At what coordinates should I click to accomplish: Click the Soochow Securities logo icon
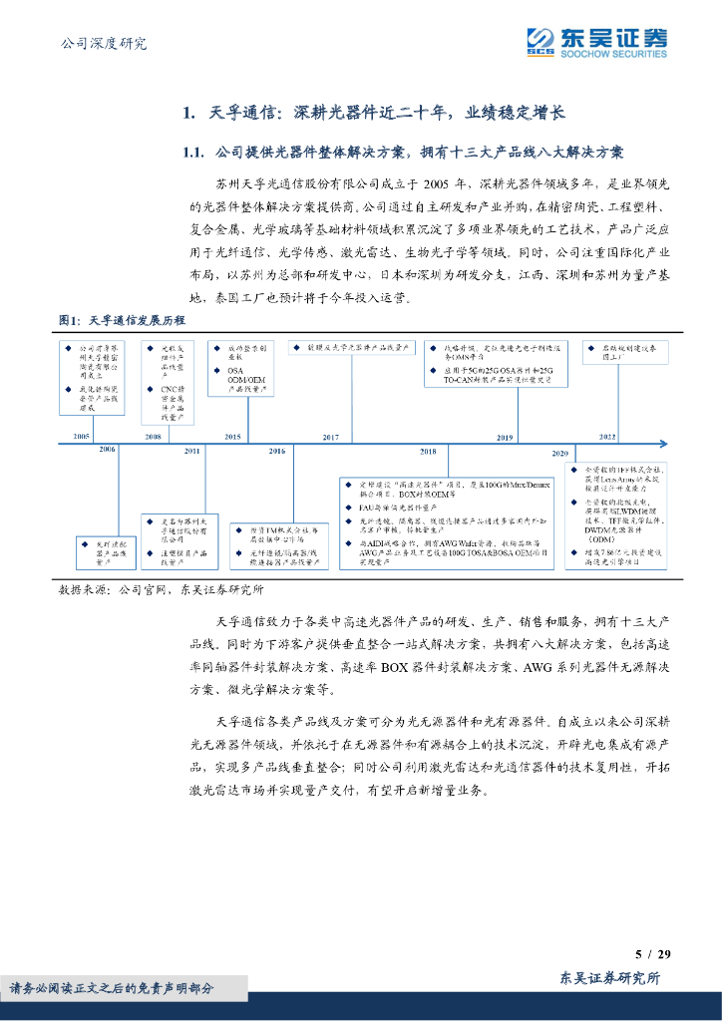(x=540, y=42)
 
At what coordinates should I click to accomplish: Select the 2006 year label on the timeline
(x=107, y=451)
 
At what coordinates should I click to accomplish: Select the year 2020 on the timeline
(x=559, y=453)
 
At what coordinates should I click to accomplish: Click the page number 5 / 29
(x=653, y=955)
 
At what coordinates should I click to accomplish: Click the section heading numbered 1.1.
(x=404, y=153)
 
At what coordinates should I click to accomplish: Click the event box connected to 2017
(x=351, y=347)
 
